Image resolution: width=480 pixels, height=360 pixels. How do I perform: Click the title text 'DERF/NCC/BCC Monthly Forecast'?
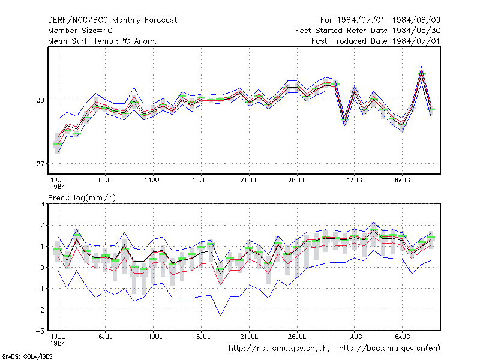(x=112, y=20)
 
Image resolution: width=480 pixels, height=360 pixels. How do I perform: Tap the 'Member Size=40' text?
(x=80, y=31)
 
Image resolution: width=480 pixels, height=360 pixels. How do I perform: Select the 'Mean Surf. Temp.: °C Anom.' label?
(x=102, y=41)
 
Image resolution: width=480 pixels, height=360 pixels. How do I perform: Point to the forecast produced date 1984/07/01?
(x=376, y=41)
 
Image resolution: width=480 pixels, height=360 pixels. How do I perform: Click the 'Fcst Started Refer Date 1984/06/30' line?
(x=368, y=31)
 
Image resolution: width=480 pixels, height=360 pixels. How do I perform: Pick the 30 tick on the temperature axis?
(x=40, y=100)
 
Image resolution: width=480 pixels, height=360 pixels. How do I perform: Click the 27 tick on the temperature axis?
(x=40, y=164)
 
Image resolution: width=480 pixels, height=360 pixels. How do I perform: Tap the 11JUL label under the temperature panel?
(x=153, y=181)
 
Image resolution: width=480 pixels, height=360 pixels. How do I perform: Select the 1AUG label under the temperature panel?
(x=354, y=181)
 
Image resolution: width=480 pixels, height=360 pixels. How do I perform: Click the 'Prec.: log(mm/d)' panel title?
(x=82, y=198)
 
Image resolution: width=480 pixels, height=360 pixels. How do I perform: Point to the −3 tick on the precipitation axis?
(x=40, y=331)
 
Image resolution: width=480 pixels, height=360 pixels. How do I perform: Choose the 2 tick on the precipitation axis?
(x=42, y=226)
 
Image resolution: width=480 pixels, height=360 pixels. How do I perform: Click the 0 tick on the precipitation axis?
(x=42, y=268)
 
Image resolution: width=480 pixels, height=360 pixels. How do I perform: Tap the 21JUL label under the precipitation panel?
(x=249, y=337)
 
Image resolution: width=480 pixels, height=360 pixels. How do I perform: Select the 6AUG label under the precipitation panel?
(x=402, y=337)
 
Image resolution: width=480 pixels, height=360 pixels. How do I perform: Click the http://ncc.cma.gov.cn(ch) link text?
(x=279, y=349)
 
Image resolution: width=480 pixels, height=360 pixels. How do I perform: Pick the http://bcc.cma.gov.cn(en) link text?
(x=389, y=349)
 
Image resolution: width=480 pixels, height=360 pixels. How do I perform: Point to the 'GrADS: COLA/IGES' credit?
(x=27, y=356)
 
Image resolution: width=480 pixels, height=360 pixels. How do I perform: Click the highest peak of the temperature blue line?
(x=422, y=67)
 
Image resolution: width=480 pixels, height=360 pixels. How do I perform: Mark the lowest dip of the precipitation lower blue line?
(x=221, y=315)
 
